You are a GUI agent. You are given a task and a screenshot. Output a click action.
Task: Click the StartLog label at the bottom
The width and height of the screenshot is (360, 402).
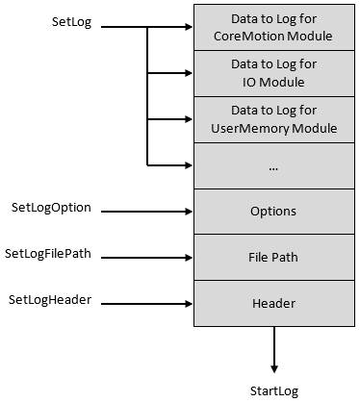coord(274,390)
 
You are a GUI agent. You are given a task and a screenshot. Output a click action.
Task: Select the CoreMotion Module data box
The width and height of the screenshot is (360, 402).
coord(274,27)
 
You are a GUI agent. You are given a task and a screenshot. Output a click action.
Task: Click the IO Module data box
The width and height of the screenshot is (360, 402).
coord(274,73)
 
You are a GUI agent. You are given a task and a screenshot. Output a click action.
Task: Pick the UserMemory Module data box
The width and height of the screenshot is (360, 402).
coord(274,119)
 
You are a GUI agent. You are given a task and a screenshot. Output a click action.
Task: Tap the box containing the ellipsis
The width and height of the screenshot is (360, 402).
coord(274,165)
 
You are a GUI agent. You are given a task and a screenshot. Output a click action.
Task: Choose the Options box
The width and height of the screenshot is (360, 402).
coord(274,212)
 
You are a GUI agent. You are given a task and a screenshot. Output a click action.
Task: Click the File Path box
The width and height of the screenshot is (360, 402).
coord(274,258)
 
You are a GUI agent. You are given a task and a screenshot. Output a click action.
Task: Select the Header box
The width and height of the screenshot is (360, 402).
coord(274,304)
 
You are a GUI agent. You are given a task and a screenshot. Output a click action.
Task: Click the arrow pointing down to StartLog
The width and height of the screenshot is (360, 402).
coord(274,350)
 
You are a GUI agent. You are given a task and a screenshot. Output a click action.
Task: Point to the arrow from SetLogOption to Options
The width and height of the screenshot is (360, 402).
coord(144,212)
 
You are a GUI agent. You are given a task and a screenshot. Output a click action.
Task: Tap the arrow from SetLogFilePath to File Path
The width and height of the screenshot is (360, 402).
coord(144,258)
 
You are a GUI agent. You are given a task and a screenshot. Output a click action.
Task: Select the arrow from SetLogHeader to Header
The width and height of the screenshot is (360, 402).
coord(144,304)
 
